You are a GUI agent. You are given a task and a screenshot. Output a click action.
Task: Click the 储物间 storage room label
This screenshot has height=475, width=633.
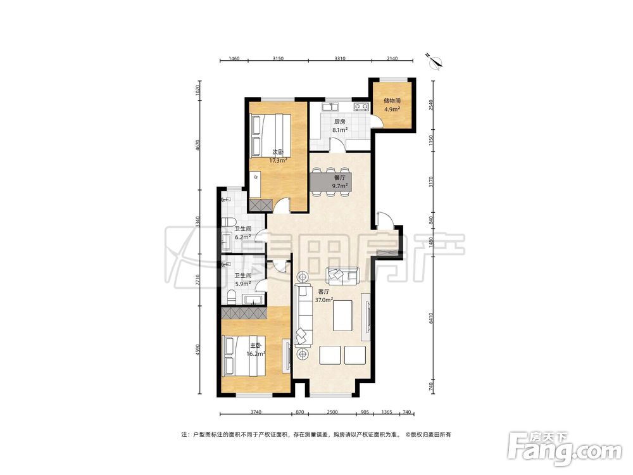point(392,104)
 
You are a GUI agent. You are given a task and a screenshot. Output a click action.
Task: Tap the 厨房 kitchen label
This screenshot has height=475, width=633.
point(339,125)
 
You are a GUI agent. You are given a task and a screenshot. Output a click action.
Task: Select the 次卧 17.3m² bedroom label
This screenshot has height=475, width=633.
point(278,156)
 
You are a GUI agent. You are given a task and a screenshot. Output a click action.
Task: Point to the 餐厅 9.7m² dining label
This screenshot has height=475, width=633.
point(339,182)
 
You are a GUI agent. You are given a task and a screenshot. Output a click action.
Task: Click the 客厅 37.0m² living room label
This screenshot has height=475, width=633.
point(323,296)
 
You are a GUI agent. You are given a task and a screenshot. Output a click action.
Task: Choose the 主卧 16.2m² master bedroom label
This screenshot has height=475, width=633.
point(256,350)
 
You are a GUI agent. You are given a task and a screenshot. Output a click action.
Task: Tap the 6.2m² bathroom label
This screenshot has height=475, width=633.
point(243,233)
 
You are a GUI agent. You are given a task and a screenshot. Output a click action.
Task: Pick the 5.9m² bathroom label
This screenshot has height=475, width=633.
point(243,279)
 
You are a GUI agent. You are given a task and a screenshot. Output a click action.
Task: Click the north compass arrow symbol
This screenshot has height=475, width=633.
point(436,61)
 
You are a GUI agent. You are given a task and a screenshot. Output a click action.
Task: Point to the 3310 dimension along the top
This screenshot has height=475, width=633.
point(340,58)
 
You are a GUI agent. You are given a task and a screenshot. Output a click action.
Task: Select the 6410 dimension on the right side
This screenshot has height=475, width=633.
point(431,319)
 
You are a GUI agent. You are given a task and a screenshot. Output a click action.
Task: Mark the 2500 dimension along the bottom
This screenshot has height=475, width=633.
point(332,412)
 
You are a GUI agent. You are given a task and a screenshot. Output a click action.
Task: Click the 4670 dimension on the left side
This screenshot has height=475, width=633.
point(197,146)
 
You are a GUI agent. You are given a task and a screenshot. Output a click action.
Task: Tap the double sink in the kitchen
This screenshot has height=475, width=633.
point(330,107)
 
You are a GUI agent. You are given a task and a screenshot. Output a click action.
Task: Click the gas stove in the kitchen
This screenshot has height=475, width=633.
point(361,107)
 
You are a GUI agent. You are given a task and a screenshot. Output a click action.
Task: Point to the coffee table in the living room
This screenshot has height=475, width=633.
point(342,315)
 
